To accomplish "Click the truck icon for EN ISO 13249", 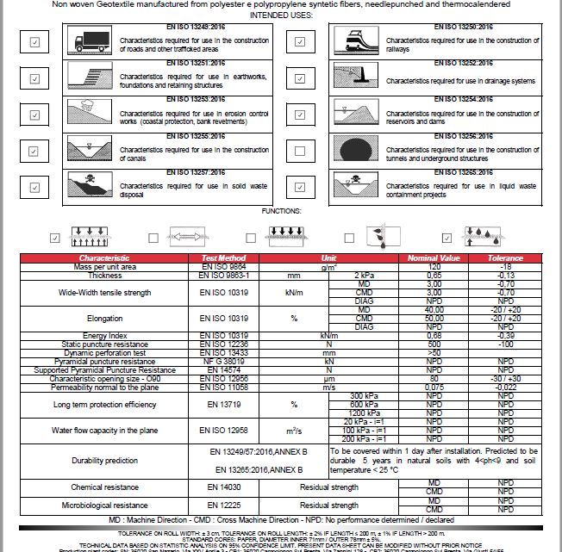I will pos(91,40).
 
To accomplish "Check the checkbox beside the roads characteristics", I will pos(34,41).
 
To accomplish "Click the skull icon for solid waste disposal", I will pos(91,184).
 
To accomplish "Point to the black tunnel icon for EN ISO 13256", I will pos(355,148).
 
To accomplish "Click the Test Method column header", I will pos(223,257).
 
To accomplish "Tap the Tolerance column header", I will pos(505,257).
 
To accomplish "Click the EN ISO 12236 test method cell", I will pos(223,343).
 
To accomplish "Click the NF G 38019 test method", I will pos(223,360).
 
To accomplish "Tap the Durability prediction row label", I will pos(103,461).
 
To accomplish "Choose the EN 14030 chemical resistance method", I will pos(223,487).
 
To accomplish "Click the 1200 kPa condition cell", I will pos(365,412).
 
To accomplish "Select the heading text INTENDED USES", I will pos(281,16).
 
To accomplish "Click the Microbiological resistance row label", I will pos(103,505).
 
